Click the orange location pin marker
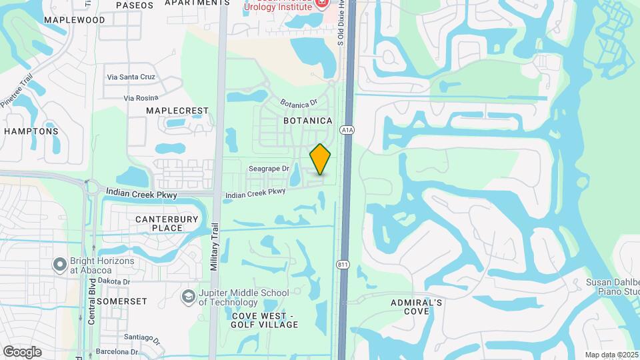point(321,159)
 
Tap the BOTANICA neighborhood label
point(307,121)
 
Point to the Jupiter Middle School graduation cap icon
point(189,295)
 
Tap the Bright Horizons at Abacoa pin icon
point(59,265)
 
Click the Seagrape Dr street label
point(269,169)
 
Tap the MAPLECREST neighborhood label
point(177,111)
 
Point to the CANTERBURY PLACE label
point(159,223)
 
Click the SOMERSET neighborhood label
point(121,301)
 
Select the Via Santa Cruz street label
point(131,77)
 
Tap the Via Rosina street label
point(140,98)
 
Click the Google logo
point(22,351)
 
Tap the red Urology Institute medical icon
point(321,3)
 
